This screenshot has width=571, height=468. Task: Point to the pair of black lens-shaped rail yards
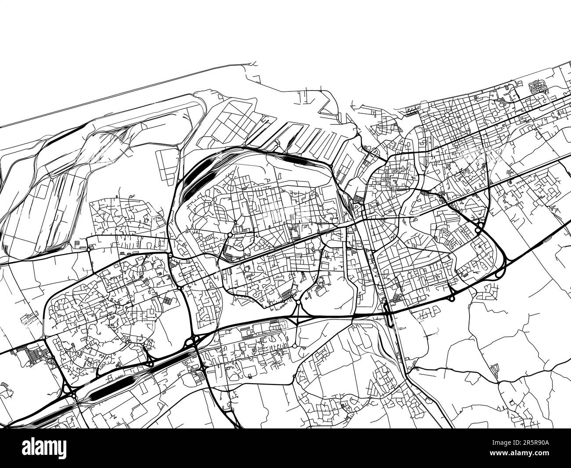point(193,180)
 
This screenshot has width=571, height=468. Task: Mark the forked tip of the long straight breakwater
point(254,64)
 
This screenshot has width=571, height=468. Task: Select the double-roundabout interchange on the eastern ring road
point(479,227)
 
